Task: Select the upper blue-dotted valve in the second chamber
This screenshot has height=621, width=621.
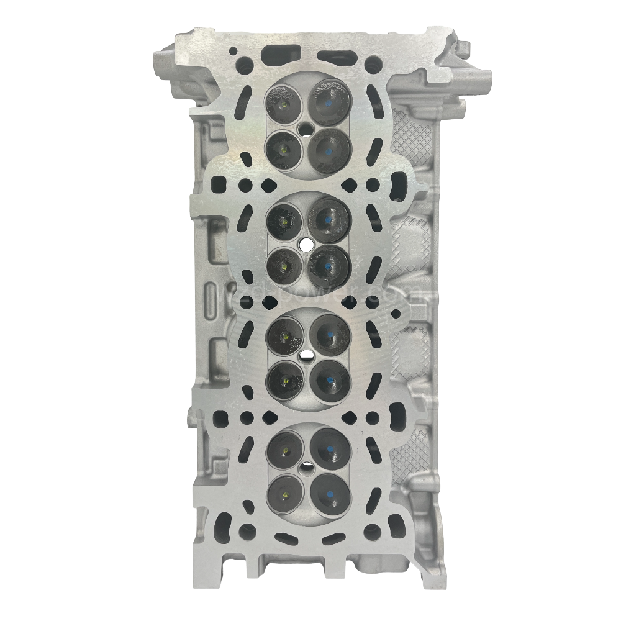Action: (x=329, y=219)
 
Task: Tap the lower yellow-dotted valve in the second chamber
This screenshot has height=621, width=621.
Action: (x=284, y=265)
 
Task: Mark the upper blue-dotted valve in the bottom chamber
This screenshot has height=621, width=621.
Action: (x=329, y=446)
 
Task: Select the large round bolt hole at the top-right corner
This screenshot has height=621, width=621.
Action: (x=373, y=65)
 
